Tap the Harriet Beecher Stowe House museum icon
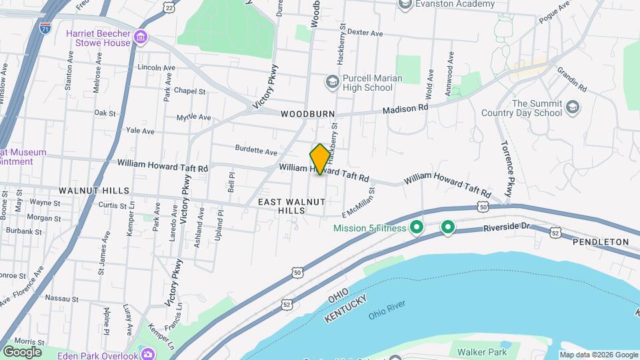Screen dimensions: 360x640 (141, 37)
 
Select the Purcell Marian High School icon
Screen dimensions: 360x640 (332, 82)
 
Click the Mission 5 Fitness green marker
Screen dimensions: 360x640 (417, 228)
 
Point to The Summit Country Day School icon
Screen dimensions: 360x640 (572, 107)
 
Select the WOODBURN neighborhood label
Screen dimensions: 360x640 (307, 114)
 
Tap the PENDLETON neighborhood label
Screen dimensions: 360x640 (601, 241)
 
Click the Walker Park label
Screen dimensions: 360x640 (481, 352)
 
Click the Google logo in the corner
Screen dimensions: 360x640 (22, 351)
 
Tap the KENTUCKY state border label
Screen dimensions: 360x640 (346, 311)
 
